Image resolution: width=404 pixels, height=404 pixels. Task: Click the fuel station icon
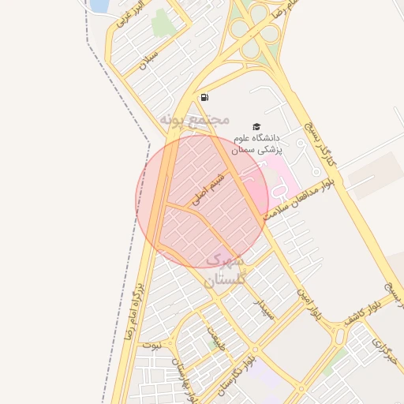click(204, 97)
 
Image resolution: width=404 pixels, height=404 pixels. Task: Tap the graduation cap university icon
click(256, 125)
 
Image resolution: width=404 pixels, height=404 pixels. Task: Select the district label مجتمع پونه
click(194, 119)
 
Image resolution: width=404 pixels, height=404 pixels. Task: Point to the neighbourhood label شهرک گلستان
click(226, 269)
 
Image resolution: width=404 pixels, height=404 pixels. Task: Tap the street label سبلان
click(148, 60)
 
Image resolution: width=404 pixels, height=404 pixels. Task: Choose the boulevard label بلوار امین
click(307, 304)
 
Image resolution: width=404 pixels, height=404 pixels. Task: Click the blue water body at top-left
click(98, 6)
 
